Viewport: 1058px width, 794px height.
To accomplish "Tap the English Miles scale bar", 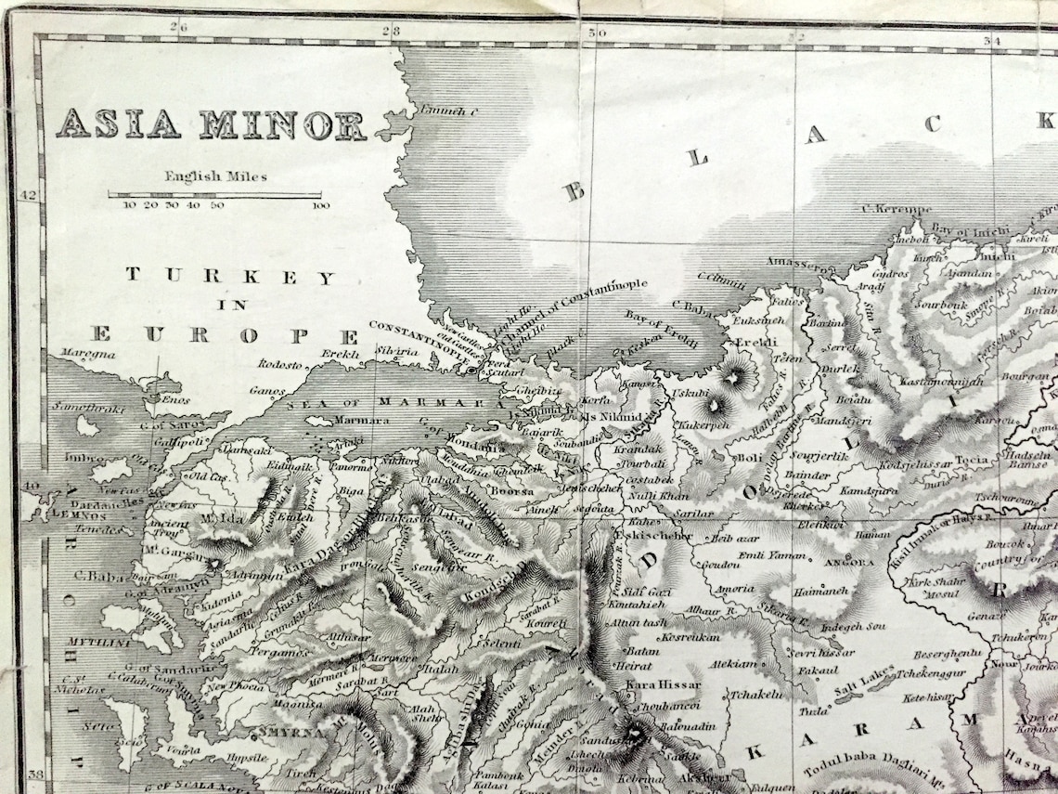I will (x=214, y=195).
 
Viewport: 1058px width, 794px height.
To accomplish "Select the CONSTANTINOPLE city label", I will (x=413, y=327).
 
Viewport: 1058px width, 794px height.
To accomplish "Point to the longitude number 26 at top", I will (x=179, y=28).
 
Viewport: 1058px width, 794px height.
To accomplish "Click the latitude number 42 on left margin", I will (x=28, y=194).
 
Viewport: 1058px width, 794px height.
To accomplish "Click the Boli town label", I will (x=748, y=458).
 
